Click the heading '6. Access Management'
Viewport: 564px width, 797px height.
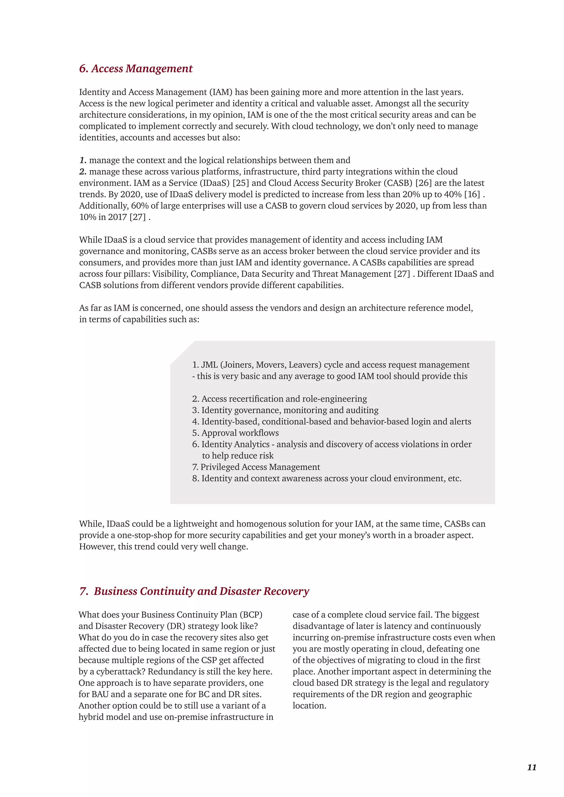point(136,69)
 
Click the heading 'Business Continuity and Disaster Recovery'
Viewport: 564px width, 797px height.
point(201,591)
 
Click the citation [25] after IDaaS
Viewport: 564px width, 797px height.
point(241,183)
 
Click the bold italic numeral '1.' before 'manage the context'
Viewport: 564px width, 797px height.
point(83,160)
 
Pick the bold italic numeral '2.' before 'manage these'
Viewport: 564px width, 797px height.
point(83,171)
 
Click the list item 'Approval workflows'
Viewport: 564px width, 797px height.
point(240,433)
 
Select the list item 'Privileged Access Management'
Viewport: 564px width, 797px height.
point(260,467)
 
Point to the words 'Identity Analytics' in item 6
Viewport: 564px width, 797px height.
point(235,444)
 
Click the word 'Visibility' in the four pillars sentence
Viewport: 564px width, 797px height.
point(170,274)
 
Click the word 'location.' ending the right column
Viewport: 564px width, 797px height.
point(310,706)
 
